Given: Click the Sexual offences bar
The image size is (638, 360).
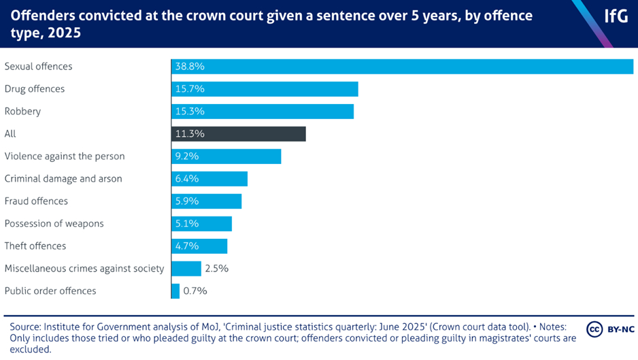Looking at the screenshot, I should (402, 67).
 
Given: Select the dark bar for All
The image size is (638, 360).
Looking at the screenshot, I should (238, 134).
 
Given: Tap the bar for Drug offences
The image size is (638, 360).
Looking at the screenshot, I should (265, 89).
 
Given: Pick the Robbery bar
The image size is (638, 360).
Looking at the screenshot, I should (263, 112).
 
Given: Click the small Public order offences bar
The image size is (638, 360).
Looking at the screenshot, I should (175, 291).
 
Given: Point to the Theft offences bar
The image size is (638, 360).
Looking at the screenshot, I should (199, 246).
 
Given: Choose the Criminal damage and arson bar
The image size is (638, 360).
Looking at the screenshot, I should (209, 179).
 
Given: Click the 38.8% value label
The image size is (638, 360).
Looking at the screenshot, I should (190, 67).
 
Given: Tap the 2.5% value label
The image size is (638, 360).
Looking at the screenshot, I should (217, 269).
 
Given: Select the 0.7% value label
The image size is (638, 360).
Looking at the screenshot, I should (196, 291).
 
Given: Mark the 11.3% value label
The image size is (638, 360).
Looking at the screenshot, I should (190, 134).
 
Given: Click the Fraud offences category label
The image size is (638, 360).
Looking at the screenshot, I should (36, 201).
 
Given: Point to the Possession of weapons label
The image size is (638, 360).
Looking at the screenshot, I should (54, 224).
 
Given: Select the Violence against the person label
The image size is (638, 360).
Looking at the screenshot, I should (65, 157).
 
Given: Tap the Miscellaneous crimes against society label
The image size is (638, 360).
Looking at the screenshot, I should (84, 269).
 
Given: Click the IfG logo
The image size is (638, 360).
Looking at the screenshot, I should (616, 17).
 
